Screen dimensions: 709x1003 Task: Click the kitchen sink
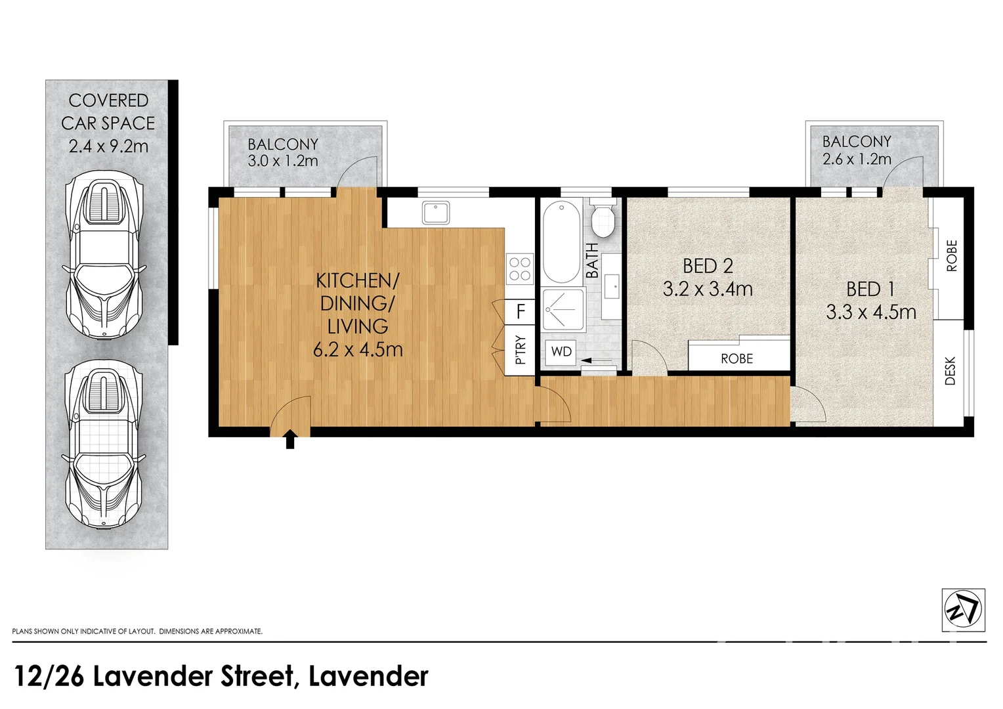coord(436,213)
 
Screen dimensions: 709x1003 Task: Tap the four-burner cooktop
coord(520,269)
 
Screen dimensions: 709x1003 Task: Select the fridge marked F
coord(521,311)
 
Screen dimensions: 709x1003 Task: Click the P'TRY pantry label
coord(521,351)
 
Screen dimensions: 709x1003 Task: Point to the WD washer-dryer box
coord(561,352)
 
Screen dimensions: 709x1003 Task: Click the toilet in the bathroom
coord(603,219)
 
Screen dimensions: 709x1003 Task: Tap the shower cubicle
coord(563,309)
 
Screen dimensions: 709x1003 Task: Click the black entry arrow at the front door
coord(289,439)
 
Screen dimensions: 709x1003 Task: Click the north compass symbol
coord(963,610)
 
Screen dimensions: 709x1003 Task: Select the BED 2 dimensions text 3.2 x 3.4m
coord(708,289)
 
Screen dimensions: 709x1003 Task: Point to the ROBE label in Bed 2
coord(736,359)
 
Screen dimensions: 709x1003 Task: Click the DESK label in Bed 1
coord(950,371)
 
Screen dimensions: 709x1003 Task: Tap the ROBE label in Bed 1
coord(952,256)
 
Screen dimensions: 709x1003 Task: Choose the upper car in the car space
coord(105,256)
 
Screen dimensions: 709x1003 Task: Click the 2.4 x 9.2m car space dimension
coord(108,146)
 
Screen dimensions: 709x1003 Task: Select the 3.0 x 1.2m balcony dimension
coord(283,161)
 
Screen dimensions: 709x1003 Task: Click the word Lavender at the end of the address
coord(368,676)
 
